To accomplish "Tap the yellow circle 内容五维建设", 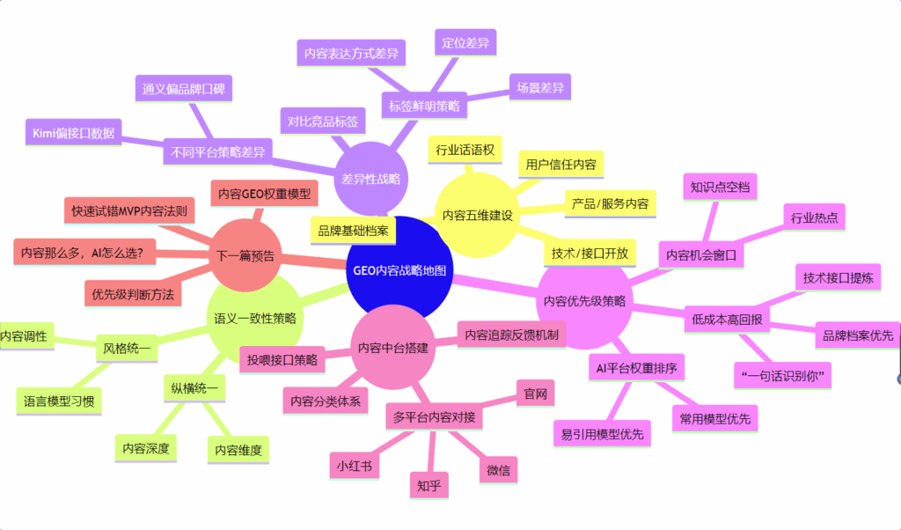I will coord(477,214).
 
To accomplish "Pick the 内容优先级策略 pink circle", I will coord(584,300).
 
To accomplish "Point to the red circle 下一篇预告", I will coord(245,257).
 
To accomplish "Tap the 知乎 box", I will coord(429,483).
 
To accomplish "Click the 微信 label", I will coord(498,469).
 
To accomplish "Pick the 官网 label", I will coord(535,393).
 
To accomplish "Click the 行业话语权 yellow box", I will coord(465,149).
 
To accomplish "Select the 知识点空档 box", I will coord(719,187).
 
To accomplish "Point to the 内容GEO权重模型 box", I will coord(264,194).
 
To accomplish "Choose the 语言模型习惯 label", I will coord(59,402).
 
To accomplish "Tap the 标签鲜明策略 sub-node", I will coord(424,107).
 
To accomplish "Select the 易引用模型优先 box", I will coord(602,433).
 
